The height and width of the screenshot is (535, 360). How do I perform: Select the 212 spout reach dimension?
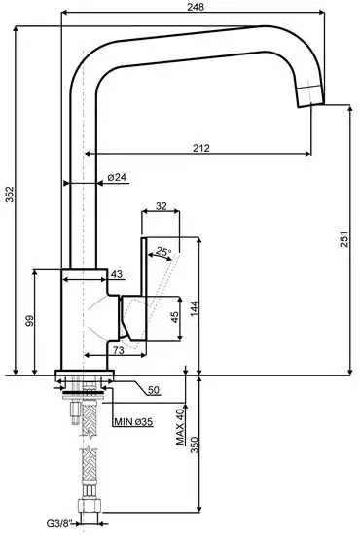(200, 148)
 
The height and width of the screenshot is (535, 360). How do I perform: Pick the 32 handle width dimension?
(162, 206)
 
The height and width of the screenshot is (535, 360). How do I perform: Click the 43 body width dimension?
(116, 275)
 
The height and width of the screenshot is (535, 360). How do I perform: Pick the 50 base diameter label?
(154, 390)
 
